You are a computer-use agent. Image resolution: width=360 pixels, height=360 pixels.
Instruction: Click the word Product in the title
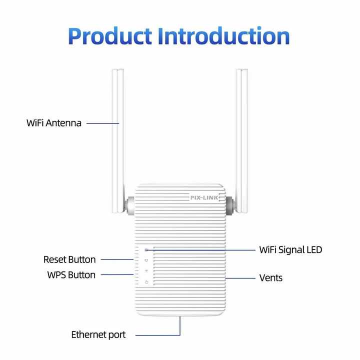(x=110, y=36)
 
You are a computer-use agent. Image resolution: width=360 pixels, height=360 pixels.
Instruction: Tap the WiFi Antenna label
(x=54, y=123)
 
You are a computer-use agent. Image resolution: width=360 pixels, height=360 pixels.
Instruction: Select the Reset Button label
(x=69, y=259)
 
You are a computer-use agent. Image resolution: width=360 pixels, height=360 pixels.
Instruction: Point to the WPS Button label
(x=71, y=275)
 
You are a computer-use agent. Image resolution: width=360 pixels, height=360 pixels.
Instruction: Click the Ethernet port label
(x=98, y=335)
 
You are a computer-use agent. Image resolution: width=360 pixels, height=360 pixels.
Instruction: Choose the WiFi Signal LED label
(x=290, y=250)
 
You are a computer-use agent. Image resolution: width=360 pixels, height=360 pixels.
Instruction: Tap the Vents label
(x=271, y=278)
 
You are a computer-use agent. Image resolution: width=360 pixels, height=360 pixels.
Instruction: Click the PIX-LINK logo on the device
(x=204, y=197)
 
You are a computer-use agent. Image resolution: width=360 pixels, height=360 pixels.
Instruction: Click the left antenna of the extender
(x=118, y=141)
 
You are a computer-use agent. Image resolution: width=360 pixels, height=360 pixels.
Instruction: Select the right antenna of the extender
(x=242, y=141)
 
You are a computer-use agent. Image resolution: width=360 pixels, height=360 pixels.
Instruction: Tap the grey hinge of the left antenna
(x=130, y=205)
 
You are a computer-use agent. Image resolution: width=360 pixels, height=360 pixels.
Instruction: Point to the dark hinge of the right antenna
(x=230, y=205)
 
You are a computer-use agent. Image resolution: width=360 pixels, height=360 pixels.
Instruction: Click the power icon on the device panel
(x=146, y=282)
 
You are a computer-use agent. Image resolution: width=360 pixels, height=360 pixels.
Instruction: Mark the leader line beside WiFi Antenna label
(x=103, y=123)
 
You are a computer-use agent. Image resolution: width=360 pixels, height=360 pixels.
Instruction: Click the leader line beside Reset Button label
(x=117, y=259)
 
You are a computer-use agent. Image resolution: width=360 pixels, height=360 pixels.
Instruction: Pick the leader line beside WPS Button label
(x=117, y=274)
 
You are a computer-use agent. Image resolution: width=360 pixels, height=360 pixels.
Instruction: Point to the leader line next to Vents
(x=240, y=278)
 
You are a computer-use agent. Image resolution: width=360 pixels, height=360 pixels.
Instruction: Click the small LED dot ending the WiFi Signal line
(x=146, y=250)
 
